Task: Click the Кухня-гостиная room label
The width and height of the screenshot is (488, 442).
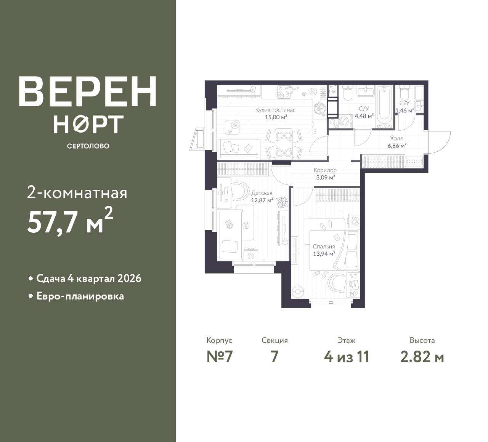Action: [x=275, y=110]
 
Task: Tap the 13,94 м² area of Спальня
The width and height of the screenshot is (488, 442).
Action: [x=324, y=254]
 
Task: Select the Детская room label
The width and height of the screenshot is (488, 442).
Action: [x=262, y=193]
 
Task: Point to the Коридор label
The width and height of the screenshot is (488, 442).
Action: [x=325, y=170]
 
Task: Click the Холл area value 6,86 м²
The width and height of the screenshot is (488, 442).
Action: [x=397, y=146]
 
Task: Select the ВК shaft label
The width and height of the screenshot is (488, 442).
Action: [x=334, y=92]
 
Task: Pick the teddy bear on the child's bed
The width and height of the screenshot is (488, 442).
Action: [x=229, y=224]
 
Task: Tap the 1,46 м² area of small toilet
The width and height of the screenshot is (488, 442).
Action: [x=405, y=110]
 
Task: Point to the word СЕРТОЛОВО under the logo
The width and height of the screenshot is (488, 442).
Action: [x=88, y=146]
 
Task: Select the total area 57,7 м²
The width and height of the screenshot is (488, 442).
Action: [x=70, y=221]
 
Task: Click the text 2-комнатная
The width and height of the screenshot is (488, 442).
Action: [x=77, y=193]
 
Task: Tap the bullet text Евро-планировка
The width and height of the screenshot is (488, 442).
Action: [x=80, y=296]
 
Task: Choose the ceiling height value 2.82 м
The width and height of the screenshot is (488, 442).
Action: [x=422, y=357]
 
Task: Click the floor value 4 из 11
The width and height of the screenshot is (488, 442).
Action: [x=347, y=357]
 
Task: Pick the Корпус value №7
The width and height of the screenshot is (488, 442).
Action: [x=220, y=357]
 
